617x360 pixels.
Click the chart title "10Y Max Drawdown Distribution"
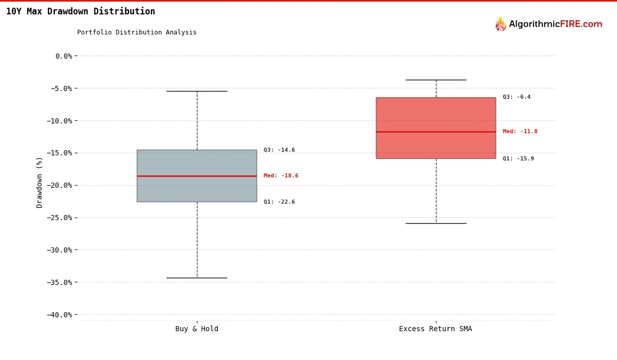coord(80,11)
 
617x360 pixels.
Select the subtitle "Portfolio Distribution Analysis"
coord(137,32)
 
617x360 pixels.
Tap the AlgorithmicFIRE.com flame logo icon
coord(500,24)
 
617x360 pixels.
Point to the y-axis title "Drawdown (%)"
coord(40,183)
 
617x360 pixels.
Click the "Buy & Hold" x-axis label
coord(196,329)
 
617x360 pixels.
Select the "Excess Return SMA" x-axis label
coord(435,329)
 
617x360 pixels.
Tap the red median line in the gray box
coord(196,176)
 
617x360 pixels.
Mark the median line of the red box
coord(435,132)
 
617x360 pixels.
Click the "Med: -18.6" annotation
coord(281,176)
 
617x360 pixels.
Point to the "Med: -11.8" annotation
coord(520,132)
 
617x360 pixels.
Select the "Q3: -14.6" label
coord(279,150)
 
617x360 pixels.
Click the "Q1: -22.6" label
coord(279,202)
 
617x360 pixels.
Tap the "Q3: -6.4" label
coord(516,97)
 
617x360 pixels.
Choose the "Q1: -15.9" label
coord(518,159)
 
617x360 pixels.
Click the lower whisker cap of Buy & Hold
coord(196,278)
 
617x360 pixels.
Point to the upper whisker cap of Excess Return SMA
coord(435,80)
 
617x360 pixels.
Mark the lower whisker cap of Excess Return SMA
coord(435,223)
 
